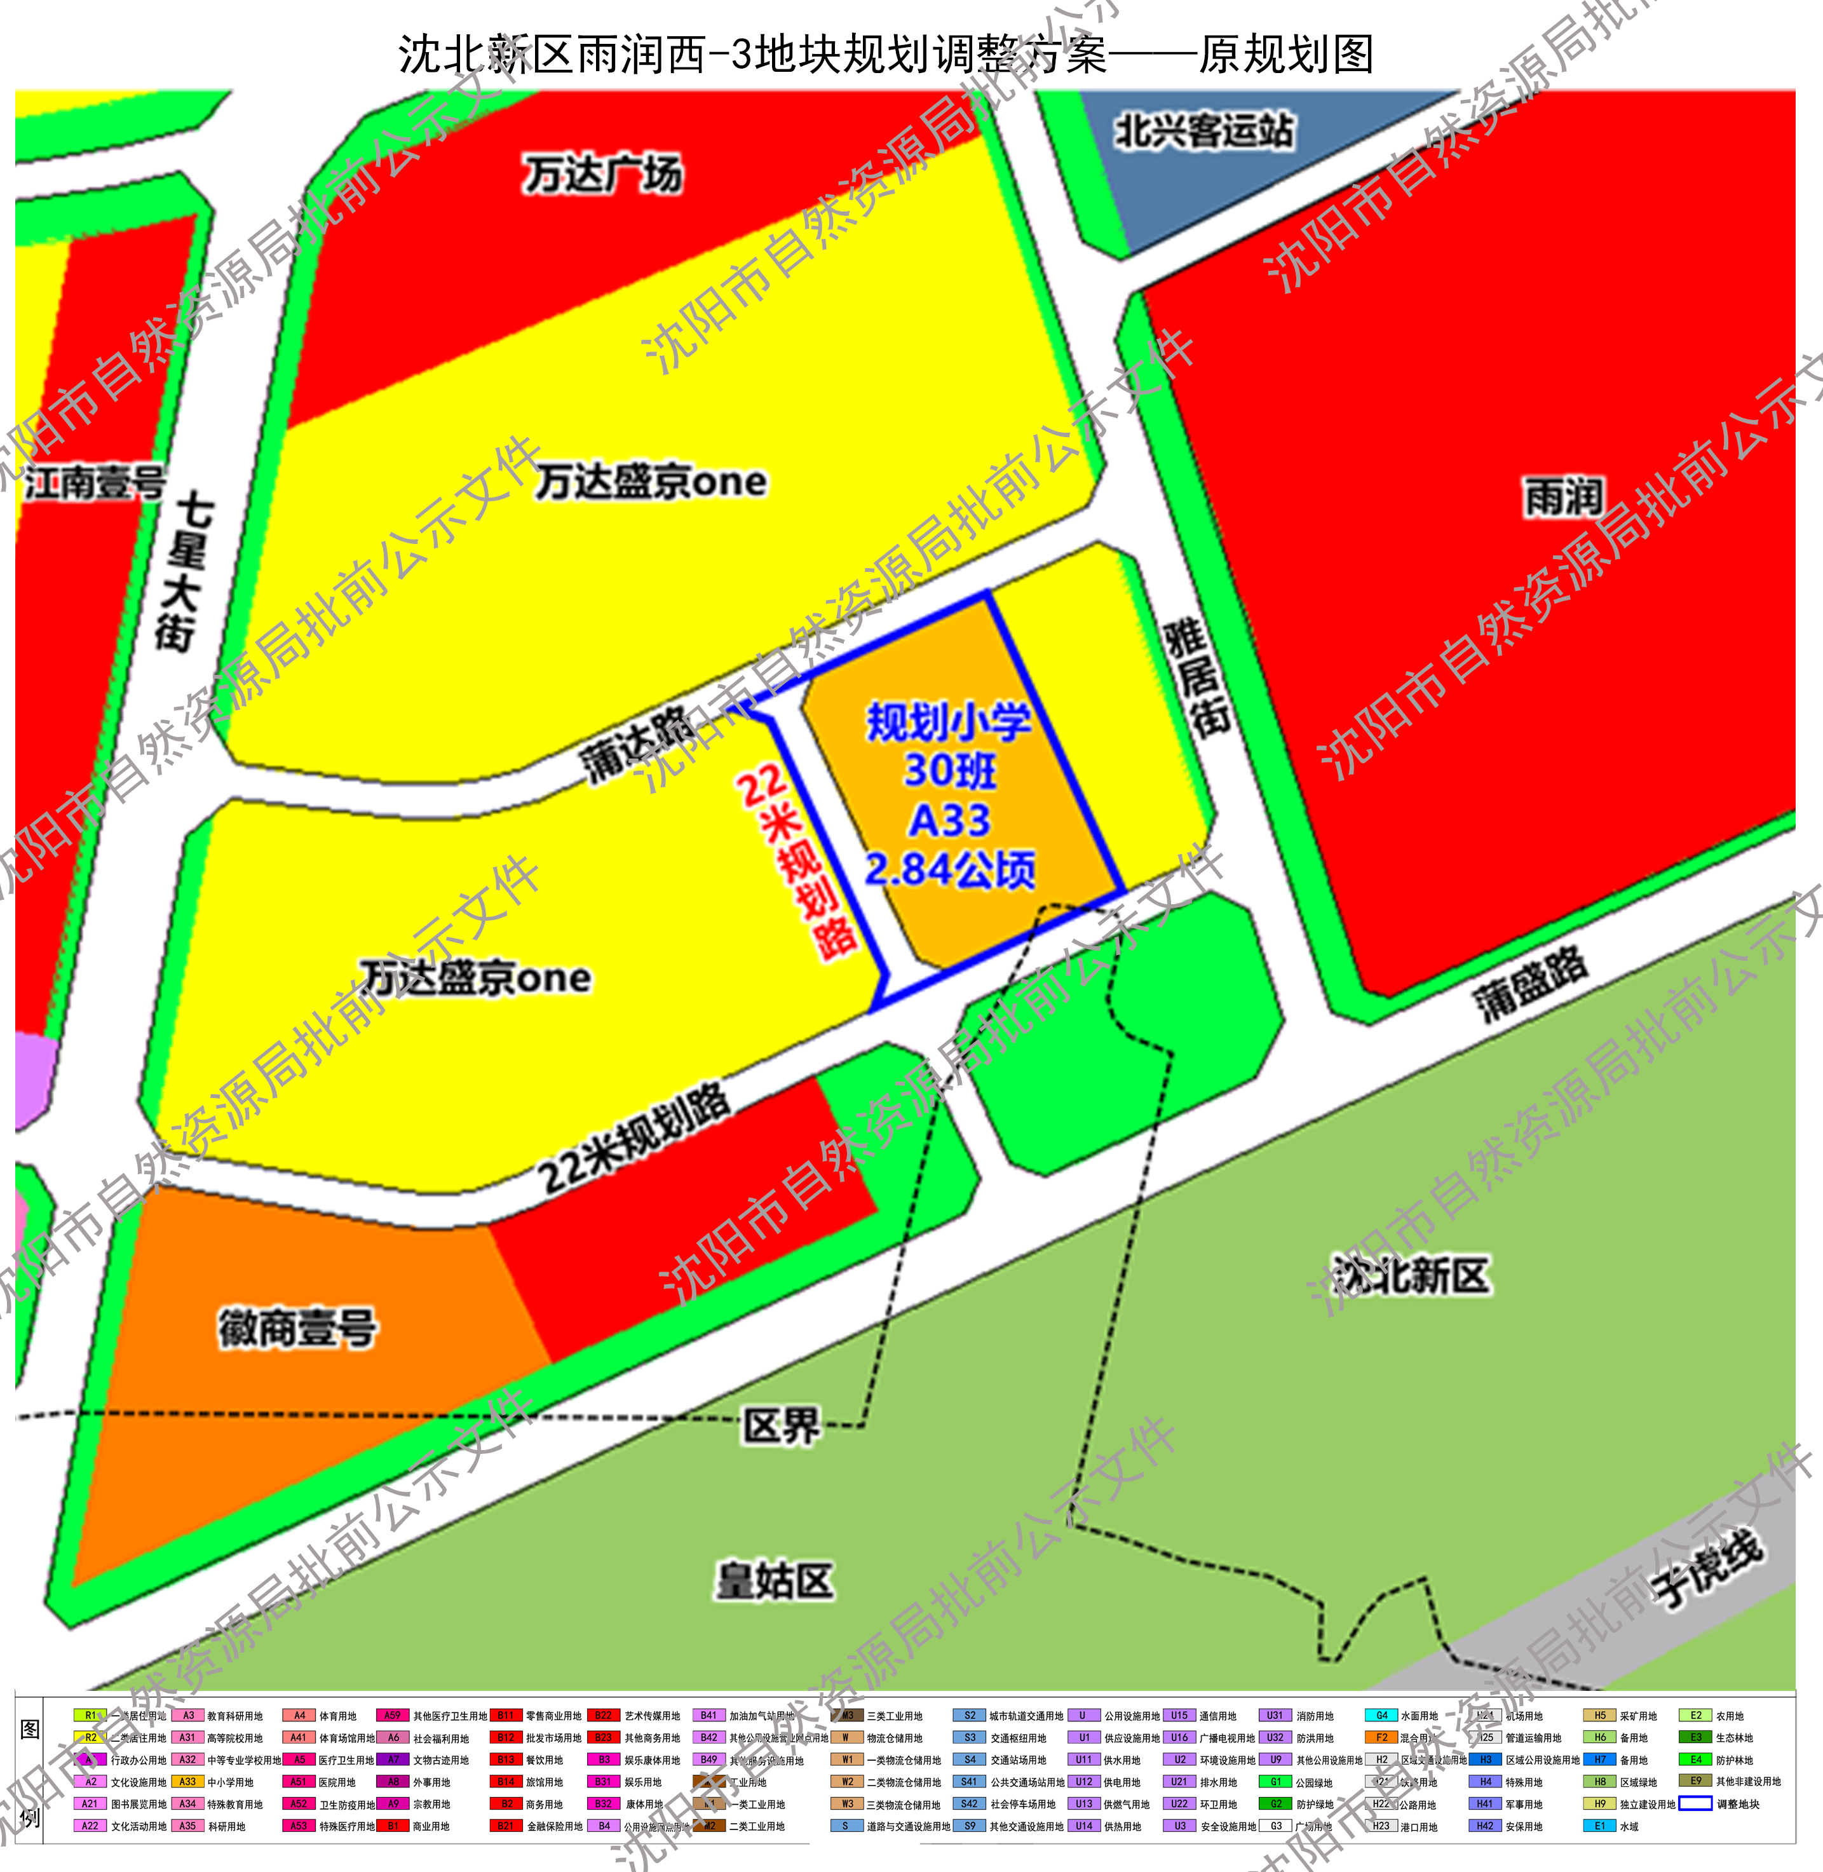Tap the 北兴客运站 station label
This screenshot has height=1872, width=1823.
click(x=1203, y=130)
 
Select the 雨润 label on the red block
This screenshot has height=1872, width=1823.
click(x=1562, y=497)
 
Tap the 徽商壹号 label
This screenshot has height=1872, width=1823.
click(x=297, y=1328)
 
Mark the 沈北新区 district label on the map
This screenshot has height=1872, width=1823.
click(x=1413, y=1275)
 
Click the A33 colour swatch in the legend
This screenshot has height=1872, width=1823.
click(x=187, y=1782)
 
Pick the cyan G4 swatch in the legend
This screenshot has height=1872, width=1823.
click(x=1381, y=1716)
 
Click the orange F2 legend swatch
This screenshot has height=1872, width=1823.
click(x=1381, y=1738)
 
